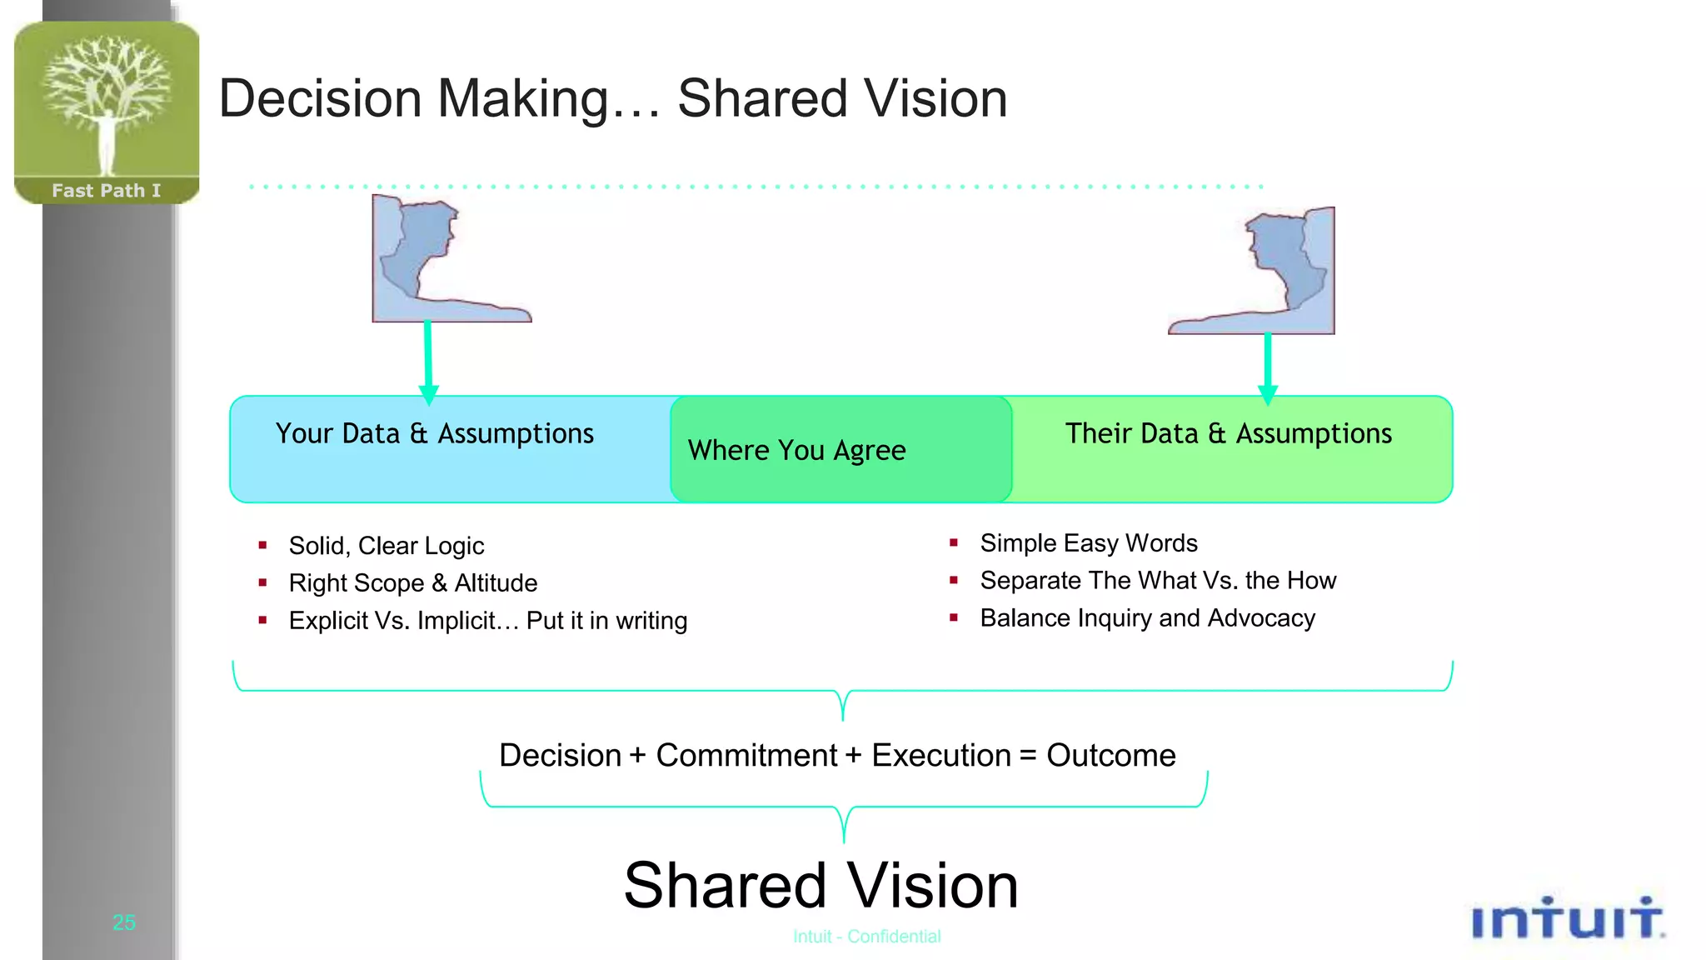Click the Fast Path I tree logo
(107, 110)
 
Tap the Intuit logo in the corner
(1567, 919)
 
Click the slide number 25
(124, 922)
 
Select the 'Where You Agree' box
(840, 450)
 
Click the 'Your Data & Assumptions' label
(434, 433)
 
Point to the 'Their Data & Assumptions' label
(1228, 433)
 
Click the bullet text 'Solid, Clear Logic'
(386, 546)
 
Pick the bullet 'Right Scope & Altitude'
(412, 583)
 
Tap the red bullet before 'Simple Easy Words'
(954, 543)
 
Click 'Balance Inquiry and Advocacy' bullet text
(1147, 618)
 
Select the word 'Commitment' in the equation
(746, 756)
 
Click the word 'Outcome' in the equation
(1110, 756)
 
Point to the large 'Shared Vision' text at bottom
(821, 886)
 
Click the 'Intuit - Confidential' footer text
(866, 937)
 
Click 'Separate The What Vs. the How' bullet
(1157, 581)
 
